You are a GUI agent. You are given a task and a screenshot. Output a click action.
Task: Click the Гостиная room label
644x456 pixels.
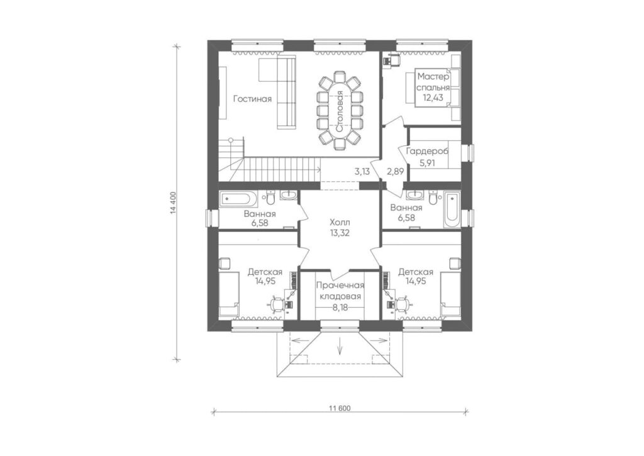pos(253,99)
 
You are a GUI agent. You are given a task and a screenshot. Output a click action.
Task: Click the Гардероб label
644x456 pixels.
pos(427,151)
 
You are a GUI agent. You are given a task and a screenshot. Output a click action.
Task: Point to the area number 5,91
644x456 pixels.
pos(427,163)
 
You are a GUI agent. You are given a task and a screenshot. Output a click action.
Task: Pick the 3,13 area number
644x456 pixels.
pos(362,172)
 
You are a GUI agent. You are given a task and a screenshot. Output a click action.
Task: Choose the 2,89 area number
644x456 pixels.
pos(396,172)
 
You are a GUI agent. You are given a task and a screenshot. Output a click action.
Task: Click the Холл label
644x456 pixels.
pos(340,222)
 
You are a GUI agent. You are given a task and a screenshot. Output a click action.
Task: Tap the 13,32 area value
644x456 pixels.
pos(340,233)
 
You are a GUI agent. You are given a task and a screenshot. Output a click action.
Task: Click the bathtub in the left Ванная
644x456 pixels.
pos(238,199)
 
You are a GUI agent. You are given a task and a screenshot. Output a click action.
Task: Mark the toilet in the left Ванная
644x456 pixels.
pos(270,198)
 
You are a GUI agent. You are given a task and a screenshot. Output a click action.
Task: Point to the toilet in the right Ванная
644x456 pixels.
pos(433,197)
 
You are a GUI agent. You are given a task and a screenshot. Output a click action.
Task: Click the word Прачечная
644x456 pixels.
pos(340,286)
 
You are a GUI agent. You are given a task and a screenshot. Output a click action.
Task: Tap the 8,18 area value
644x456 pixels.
pos(340,308)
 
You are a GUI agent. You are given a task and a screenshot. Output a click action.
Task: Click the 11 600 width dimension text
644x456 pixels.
pos(340,408)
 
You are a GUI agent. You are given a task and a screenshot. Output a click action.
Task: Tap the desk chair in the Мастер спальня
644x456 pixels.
pos(393,60)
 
